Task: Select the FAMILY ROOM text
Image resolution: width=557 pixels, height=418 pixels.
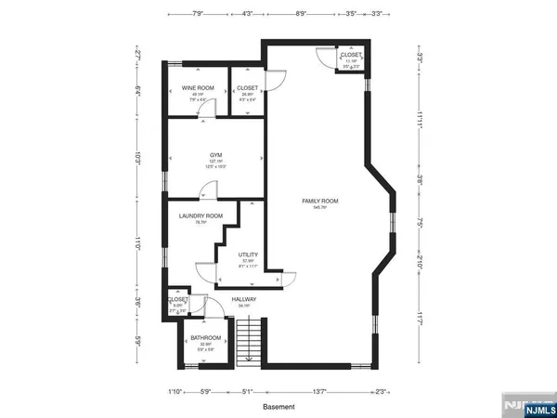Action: tap(318, 201)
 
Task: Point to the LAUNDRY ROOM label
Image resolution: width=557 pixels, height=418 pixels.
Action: tap(201, 216)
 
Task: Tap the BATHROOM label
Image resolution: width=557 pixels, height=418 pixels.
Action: tap(205, 337)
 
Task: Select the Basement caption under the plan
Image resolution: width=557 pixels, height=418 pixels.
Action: tap(278, 406)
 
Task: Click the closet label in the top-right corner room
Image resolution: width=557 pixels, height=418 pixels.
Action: tap(351, 55)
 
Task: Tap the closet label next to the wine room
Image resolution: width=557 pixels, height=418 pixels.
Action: tap(247, 87)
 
